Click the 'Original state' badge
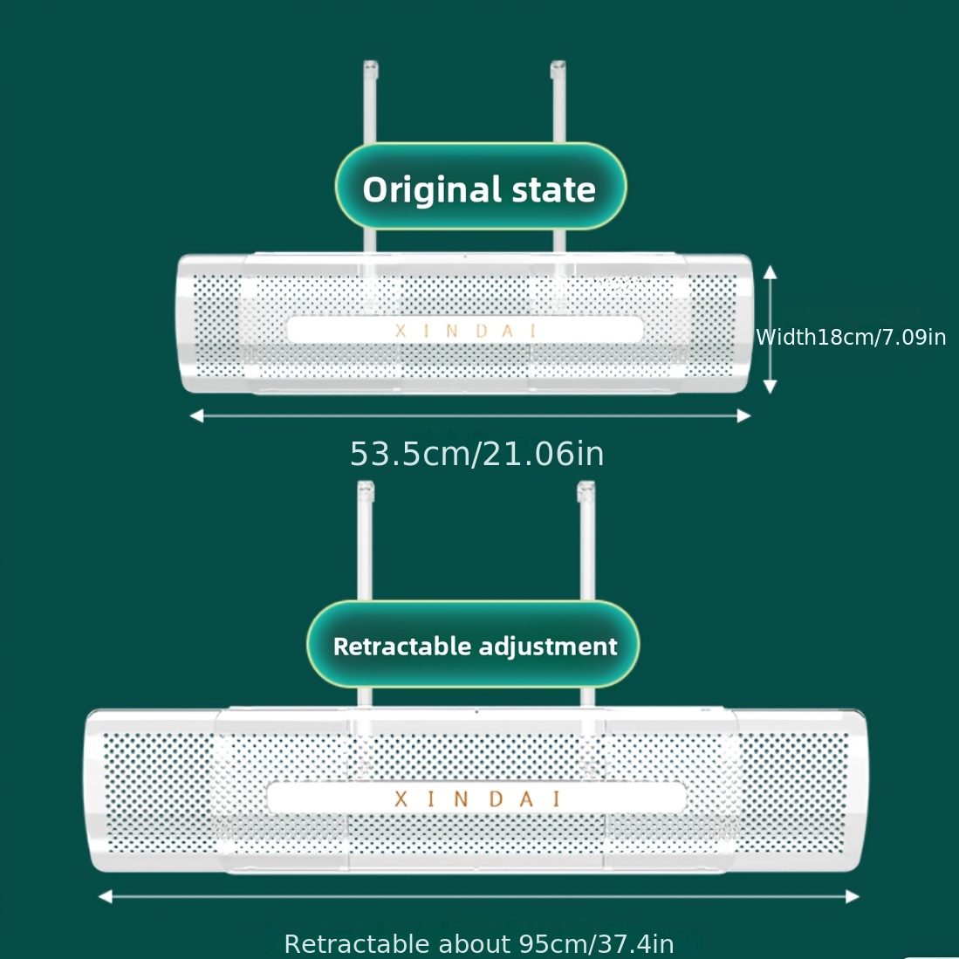480,188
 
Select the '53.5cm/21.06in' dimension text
476,454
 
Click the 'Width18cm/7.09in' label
851,337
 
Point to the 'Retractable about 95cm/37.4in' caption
478,944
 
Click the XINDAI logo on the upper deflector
466,331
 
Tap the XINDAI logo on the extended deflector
476,798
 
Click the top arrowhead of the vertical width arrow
770,272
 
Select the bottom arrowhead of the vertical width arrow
770,387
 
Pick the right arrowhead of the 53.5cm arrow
743,416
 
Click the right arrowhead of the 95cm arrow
853,896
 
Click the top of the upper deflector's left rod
371,66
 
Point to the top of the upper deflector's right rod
558,66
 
